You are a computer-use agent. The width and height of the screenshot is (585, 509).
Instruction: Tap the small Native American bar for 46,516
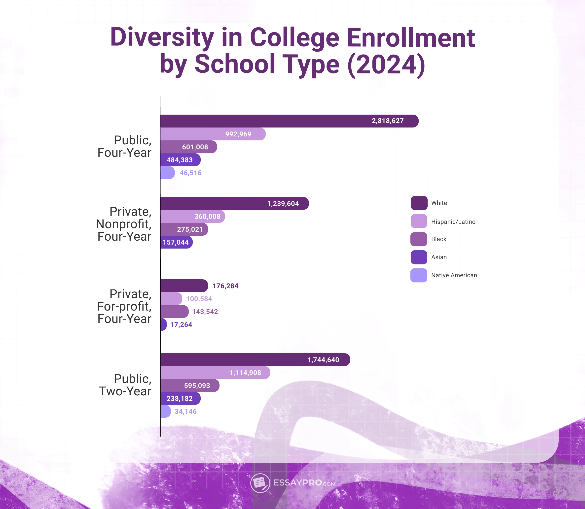[167, 173]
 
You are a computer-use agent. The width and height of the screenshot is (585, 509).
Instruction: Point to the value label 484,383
[180, 160]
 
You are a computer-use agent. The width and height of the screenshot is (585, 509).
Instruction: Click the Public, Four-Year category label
[124, 146]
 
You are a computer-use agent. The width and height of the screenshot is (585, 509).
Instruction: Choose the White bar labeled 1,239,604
[234, 203]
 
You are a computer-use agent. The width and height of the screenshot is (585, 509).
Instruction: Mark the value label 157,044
[176, 242]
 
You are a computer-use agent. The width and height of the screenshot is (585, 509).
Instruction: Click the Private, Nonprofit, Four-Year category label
[124, 224]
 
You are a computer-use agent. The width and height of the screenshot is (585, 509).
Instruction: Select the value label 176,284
[225, 286]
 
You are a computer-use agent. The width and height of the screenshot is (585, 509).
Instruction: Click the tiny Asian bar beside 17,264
[163, 324]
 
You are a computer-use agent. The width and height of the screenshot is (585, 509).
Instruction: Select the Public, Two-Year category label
[125, 385]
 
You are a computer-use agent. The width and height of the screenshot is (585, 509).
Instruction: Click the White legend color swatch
[419, 203]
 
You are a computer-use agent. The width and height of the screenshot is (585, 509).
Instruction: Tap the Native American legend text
[454, 275]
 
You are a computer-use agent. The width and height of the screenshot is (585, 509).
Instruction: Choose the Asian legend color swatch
[419, 257]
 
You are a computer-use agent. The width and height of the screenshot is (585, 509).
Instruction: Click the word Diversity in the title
[162, 37]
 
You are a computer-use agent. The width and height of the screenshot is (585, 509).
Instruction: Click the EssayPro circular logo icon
[260, 483]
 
